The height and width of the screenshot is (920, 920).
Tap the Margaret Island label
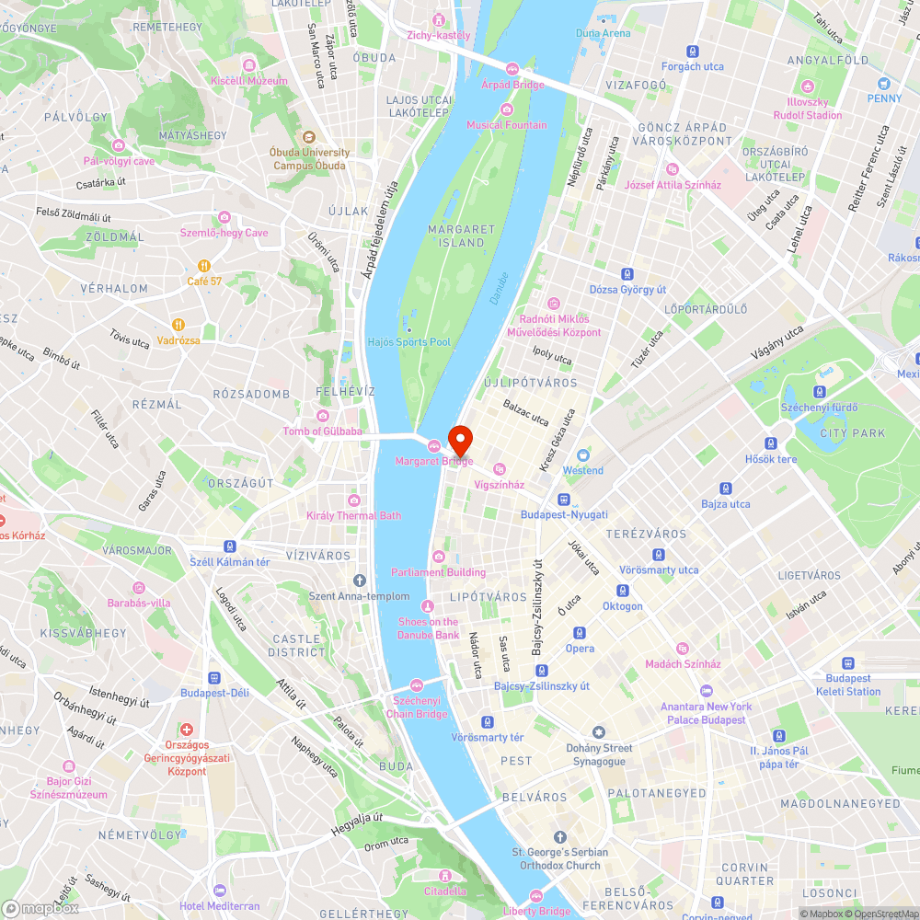462,236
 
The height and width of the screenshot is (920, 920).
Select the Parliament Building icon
439,556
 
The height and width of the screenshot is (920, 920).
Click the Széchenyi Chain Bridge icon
417,684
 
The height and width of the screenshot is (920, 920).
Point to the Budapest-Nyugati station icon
563,499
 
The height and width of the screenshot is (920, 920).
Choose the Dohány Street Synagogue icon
600,732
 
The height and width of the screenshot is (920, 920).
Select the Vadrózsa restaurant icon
178,324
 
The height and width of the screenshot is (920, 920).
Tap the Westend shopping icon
582,454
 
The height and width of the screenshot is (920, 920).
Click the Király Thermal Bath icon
353,500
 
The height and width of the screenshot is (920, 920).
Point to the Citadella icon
445,875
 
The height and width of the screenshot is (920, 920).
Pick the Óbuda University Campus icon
309,136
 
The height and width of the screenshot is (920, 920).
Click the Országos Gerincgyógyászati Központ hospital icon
188,729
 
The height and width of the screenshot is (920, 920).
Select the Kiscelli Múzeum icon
248,64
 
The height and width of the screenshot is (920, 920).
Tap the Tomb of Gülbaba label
322,431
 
